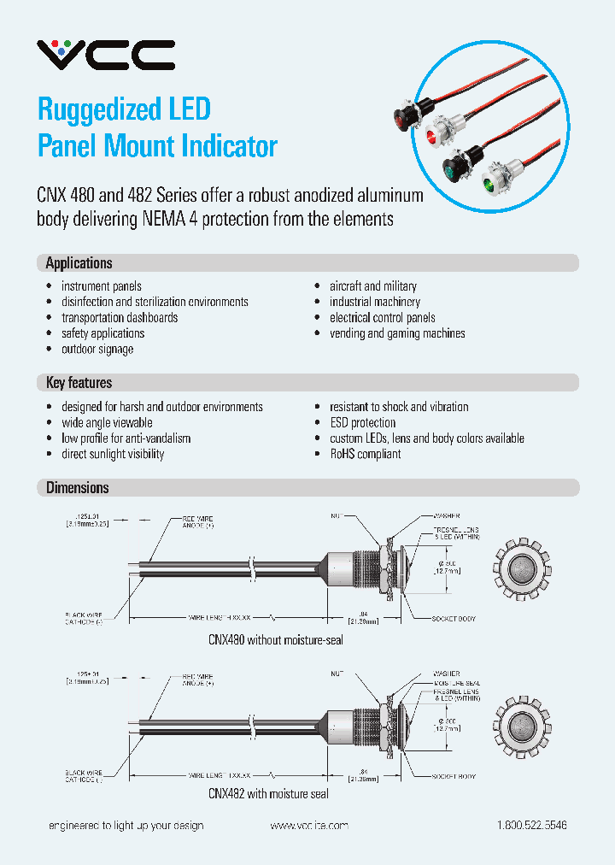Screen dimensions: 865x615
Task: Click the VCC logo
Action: [105, 55]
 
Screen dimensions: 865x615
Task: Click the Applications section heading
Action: [79, 263]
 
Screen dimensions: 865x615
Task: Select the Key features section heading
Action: [79, 383]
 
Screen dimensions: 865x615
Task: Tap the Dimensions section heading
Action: [77, 488]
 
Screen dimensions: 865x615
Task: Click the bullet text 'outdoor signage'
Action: [97, 349]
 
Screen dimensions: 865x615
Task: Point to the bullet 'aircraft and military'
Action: [373, 286]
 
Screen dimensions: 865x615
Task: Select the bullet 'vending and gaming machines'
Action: [397, 333]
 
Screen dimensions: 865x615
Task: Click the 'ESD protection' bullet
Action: [362, 422]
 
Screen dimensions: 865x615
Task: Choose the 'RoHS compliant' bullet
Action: [365, 454]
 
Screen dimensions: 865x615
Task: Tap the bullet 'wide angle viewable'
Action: [107, 422]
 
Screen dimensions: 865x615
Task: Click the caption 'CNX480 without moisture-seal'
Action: [275, 639]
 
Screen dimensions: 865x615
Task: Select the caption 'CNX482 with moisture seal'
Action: [268, 793]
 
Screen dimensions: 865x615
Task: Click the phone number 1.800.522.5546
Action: [531, 826]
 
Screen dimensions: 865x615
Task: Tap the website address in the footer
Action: [309, 826]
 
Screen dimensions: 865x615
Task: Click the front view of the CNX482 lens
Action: [522, 725]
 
